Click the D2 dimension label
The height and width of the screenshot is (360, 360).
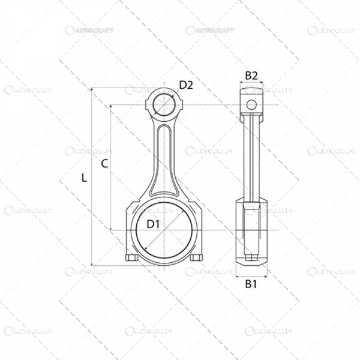186,85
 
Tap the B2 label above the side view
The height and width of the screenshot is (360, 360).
251,76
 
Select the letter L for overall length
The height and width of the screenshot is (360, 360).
84,178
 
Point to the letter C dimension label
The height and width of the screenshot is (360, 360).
104,163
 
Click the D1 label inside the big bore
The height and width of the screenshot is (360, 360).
153,224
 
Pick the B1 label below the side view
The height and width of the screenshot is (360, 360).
251,284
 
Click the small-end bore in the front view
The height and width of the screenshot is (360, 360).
164,105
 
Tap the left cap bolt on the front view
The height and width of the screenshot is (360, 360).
132,258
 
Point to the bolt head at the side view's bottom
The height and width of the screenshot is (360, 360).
251,259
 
